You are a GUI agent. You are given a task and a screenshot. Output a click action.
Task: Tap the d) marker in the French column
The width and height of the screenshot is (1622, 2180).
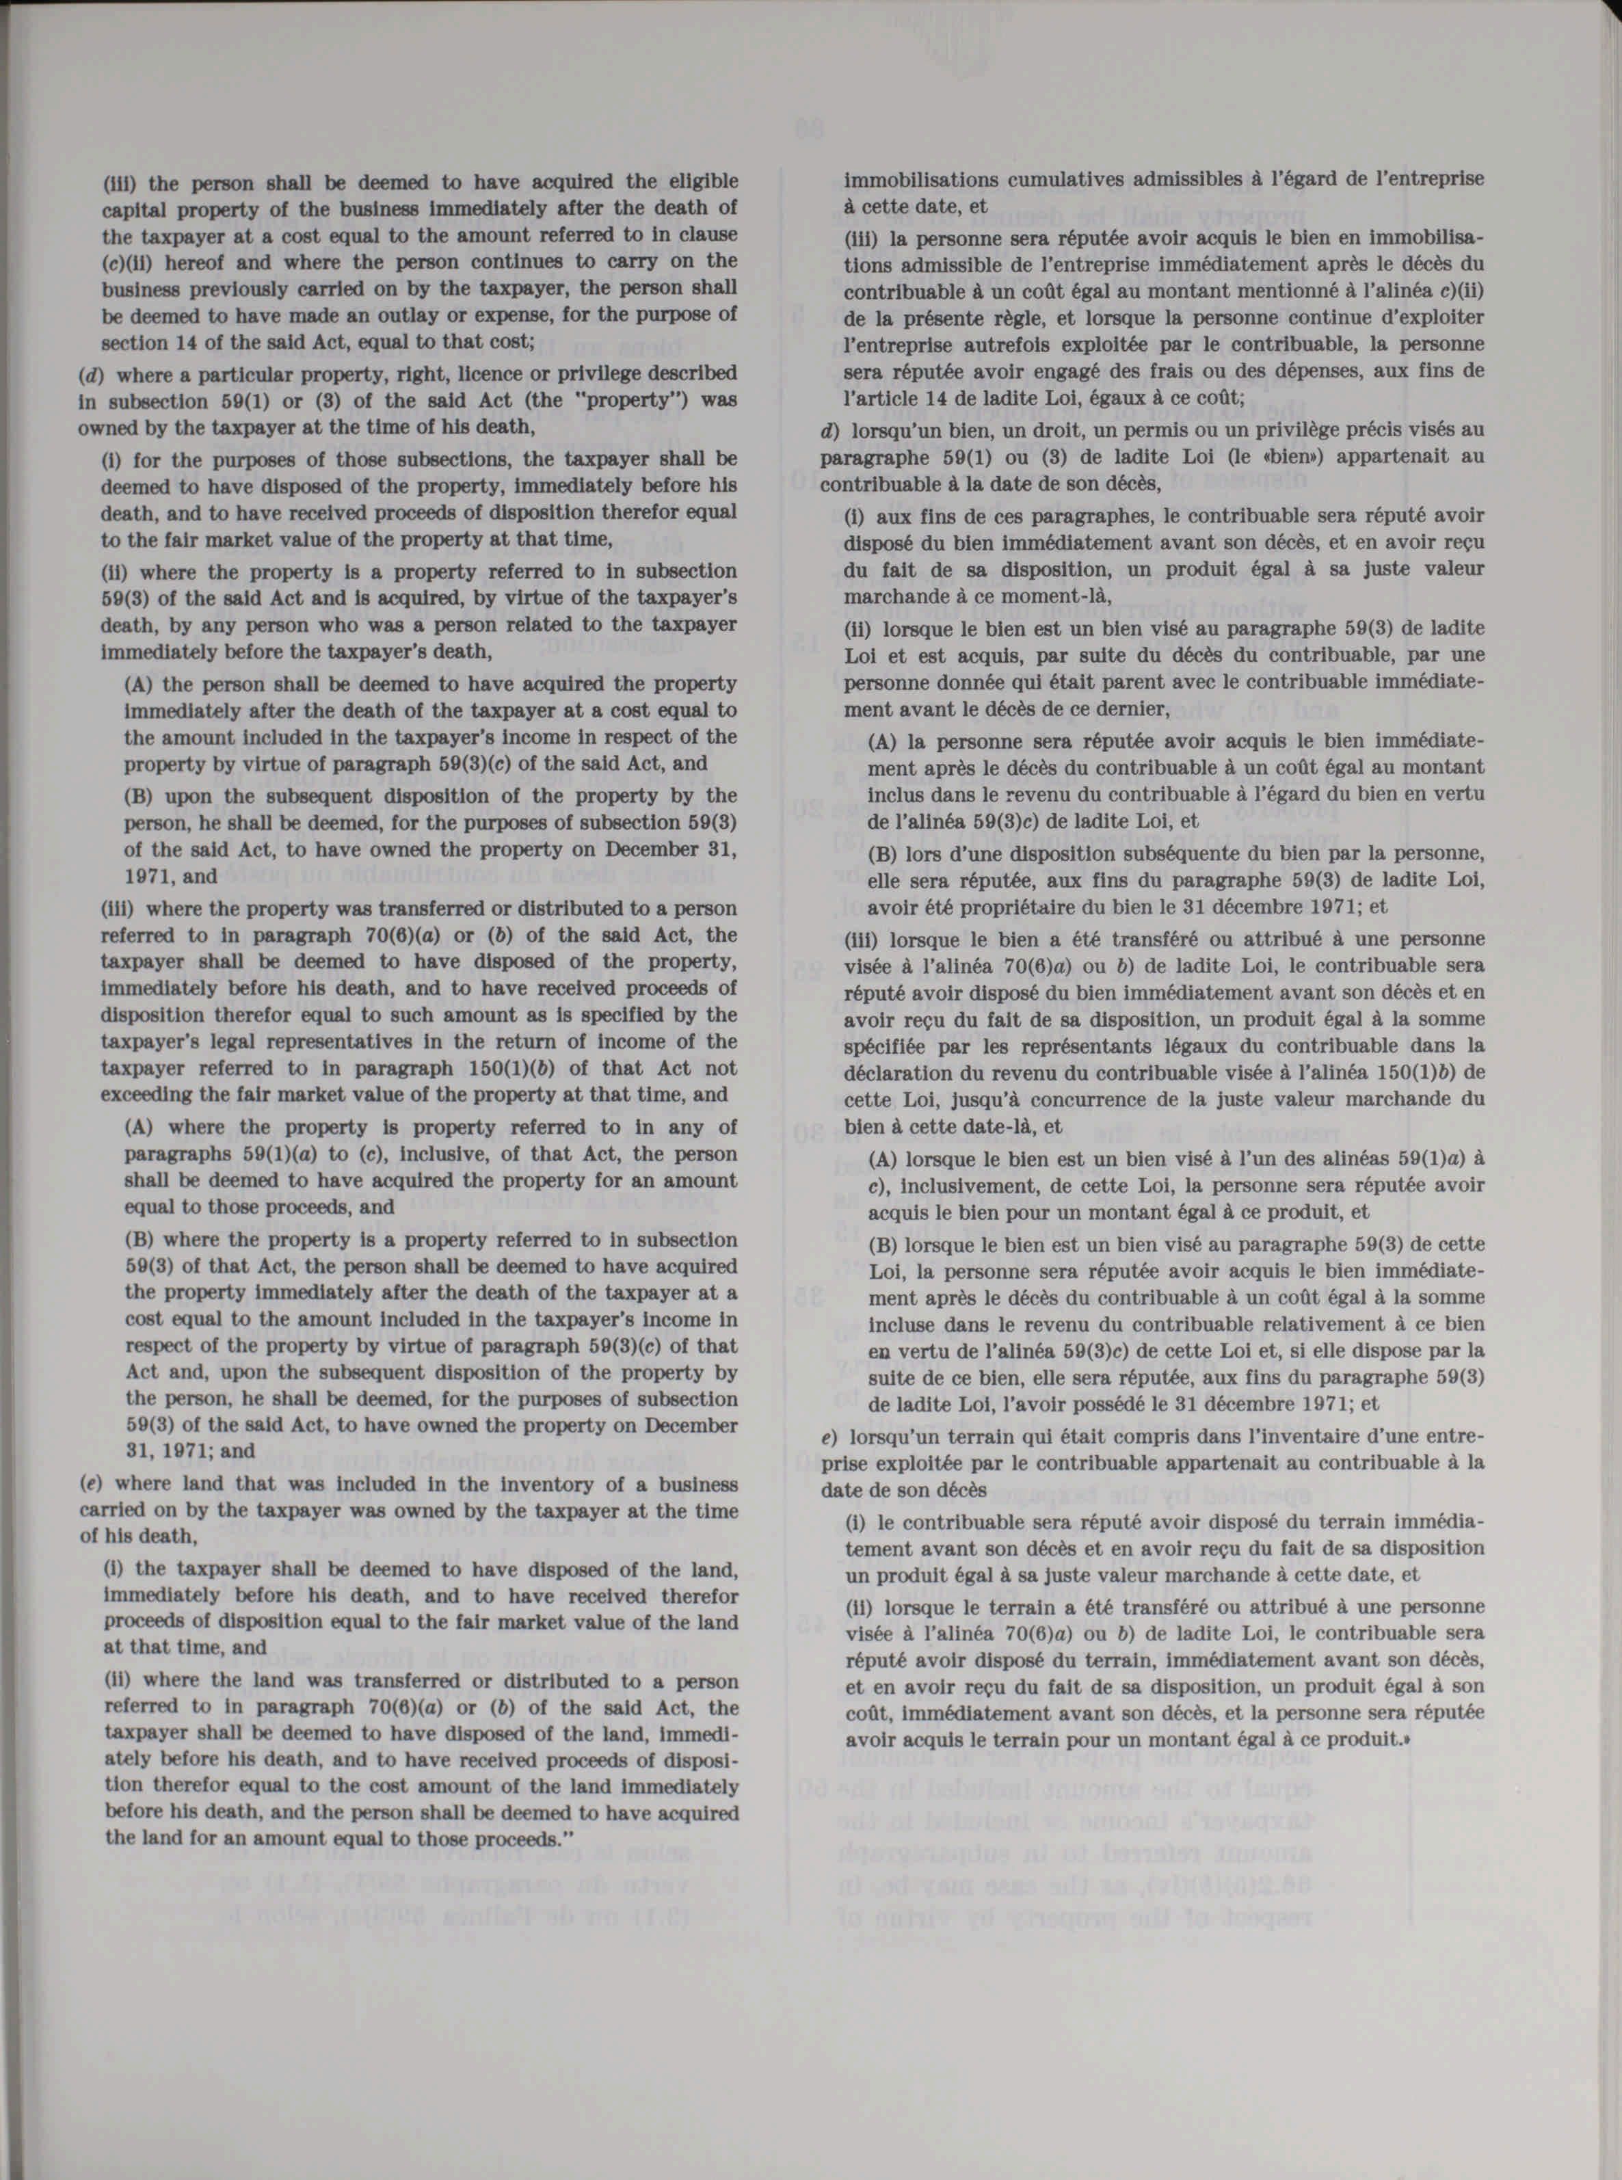pyautogui.click(x=827, y=429)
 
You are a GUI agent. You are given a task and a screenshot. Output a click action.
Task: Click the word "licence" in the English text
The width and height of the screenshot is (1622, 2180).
pyautogui.click(x=488, y=374)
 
